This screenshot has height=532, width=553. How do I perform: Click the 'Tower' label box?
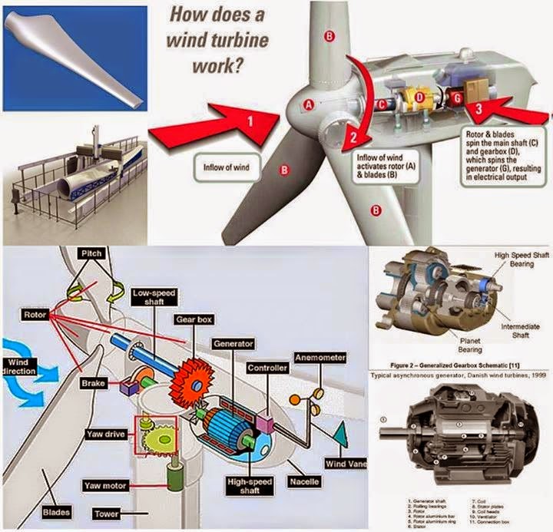[108, 512]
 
